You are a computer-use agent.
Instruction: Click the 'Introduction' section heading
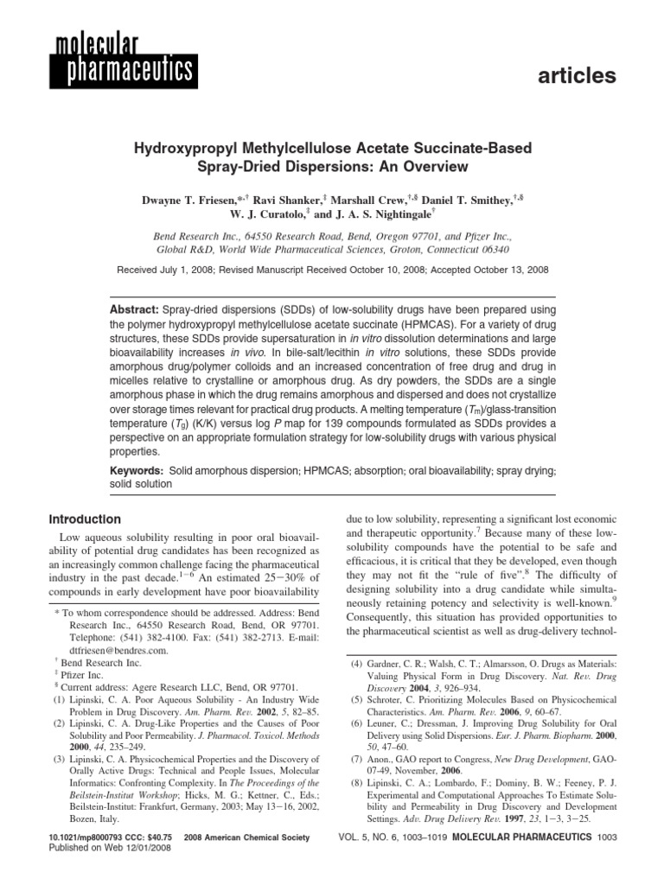(84, 519)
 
